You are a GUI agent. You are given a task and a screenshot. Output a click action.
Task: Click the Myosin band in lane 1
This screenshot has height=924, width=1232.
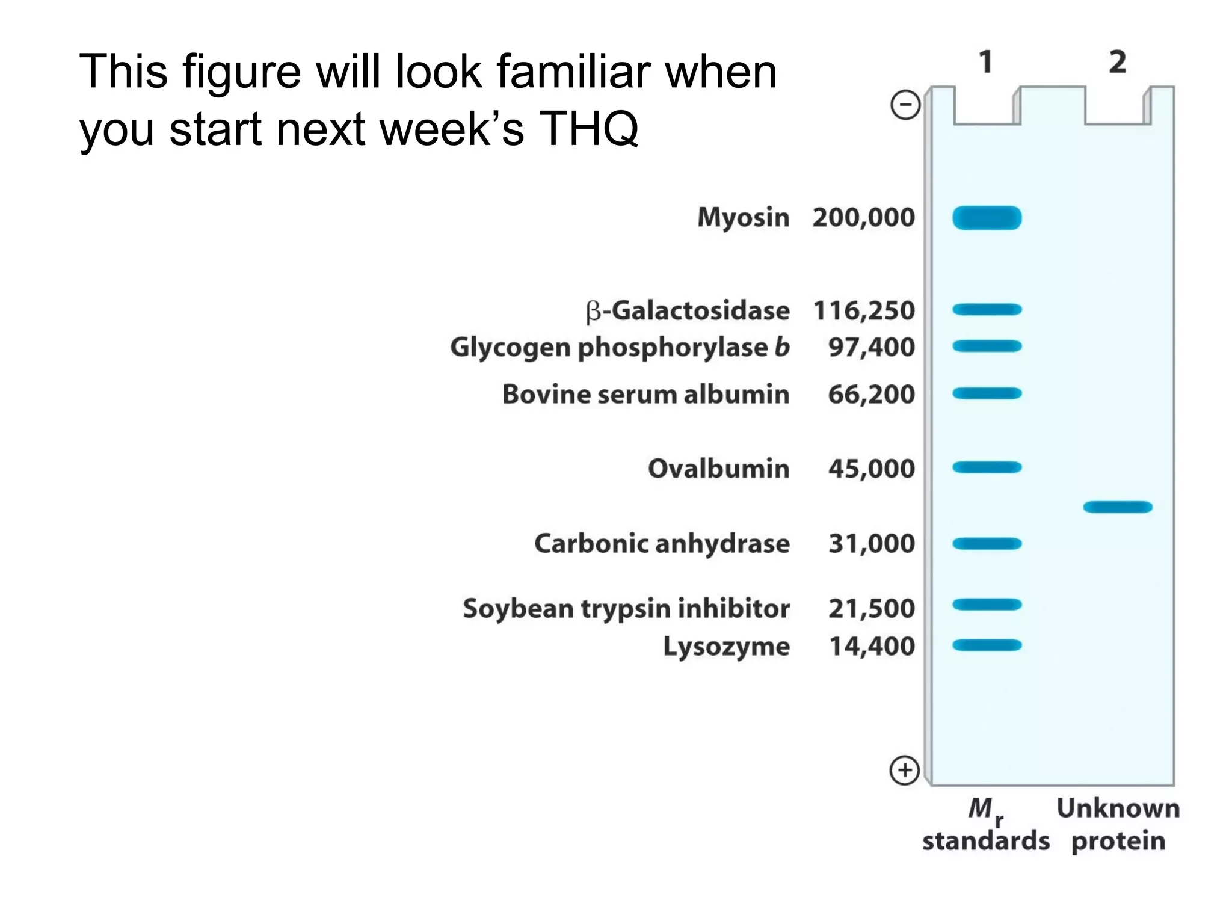pyautogui.click(x=987, y=218)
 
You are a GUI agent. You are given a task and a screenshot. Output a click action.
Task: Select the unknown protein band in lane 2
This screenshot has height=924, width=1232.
pyautogui.click(x=1118, y=507)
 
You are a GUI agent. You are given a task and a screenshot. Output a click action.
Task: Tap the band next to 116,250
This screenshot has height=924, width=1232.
pyautogui.click(x=987, y=310)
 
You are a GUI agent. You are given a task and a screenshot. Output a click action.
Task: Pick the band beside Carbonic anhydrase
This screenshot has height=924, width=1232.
pyautogui.click(x=987, y=544)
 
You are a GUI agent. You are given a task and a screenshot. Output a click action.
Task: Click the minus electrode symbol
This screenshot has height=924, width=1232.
pyautogui.click(x=905, y=105)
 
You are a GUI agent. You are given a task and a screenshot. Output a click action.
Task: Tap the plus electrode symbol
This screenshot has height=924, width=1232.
pyautogui.click(x=905, y=771)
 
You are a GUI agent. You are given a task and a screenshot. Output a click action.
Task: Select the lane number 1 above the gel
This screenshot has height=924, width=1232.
pyautogui.click(x=985, y=63)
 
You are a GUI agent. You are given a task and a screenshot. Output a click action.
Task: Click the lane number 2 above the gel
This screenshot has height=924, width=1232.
pyautogui.click(x=1118, y=63)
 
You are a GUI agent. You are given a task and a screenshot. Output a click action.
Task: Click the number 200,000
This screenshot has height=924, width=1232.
pyautogui.click(x=863, y=218)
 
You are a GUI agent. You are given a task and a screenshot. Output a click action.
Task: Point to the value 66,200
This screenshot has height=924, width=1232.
pyautogui.click(x=871, y=395)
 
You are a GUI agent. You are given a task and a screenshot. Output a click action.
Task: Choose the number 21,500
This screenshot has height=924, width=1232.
pyautogui.click(x=871, y=608)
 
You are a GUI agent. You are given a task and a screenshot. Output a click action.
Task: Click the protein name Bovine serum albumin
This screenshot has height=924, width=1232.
pyautogui.click(x=645, y=395)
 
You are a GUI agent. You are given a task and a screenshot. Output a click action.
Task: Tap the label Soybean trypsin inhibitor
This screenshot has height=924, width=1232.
pyautogui.click(x=626, y=608)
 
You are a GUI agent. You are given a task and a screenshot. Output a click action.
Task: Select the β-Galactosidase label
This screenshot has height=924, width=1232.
pyautogui.click(x=687, y=311)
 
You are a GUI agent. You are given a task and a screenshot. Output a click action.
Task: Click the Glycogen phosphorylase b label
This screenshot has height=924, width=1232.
pyautogui.click(x=620, y=348)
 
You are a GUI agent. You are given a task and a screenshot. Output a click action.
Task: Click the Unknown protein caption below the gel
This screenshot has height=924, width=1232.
pyautogui.click(x=1118, y=824)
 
